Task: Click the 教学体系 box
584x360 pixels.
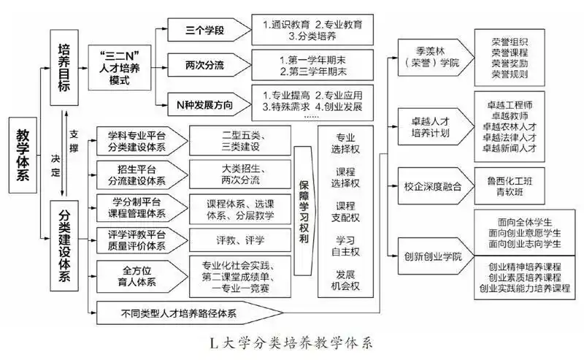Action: [x=28, y=156]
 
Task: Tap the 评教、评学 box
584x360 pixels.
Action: [x=240, y=240]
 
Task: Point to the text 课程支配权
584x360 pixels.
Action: [x=347, y=212]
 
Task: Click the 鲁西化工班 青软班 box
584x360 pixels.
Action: [x=510, y=186]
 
